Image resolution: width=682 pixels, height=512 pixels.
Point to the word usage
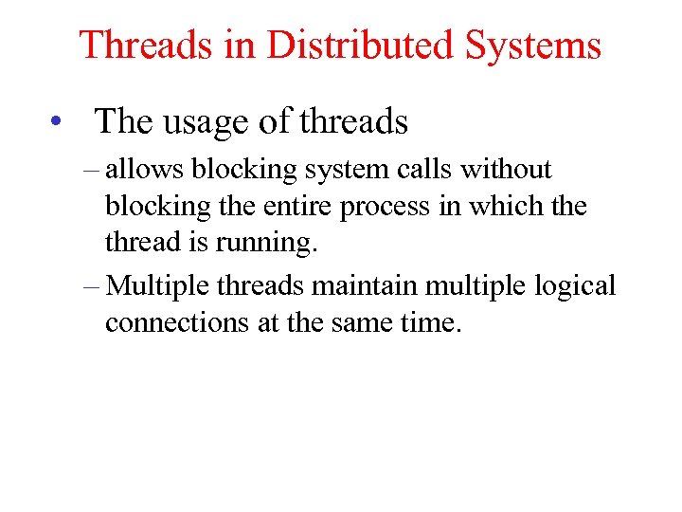point(207,121)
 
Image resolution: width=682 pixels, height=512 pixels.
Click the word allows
point(147,170)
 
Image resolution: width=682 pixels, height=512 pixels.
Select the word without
point(505,170)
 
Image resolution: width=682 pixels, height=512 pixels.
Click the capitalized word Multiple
point(158,285)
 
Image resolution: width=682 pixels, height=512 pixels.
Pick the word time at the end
point(430,322)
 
